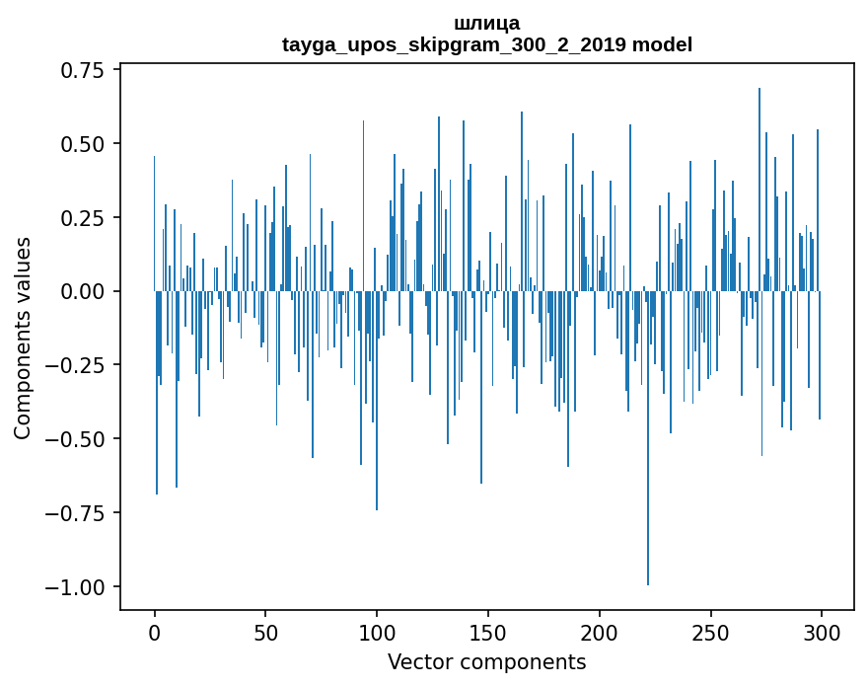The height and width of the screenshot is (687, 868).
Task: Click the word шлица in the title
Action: pos(486,23)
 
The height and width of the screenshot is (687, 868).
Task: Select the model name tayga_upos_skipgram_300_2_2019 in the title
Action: pos(455,44)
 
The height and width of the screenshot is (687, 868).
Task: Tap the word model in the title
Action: pos(662,44)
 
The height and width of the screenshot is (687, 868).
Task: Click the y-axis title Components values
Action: pos(23,338)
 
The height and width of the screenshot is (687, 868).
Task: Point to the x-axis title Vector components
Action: pos(486,662)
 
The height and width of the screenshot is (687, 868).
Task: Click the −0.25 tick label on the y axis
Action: pos(78,365)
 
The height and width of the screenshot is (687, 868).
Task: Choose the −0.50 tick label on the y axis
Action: pos(78,439)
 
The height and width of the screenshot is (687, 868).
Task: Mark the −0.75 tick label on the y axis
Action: pos(78,513)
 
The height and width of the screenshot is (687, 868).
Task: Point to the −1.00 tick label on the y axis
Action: pos(78,587)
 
